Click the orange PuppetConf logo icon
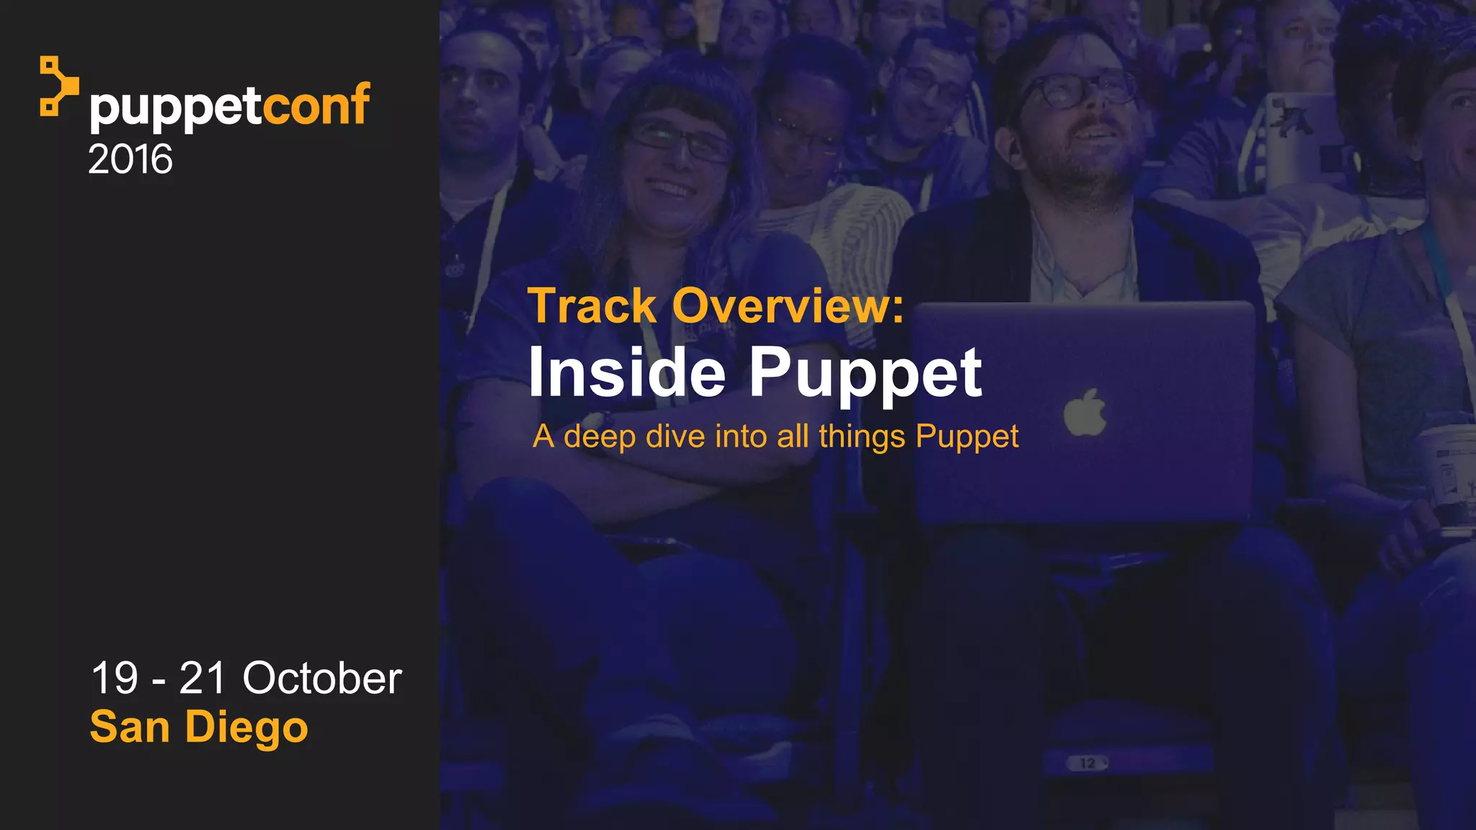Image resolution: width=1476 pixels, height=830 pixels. click(x=58, y=86)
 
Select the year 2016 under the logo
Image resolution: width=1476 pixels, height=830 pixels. click(x=130, y=159)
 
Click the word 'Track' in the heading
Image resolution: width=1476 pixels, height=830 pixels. click(x=592, y=306)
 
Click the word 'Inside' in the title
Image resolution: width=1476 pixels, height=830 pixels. click(x=626, y=372)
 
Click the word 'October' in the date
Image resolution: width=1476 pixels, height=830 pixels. click(x=321, y=679)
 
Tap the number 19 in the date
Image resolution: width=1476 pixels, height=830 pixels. click(x=115, y=679)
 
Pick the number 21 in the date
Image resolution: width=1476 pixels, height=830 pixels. click(x=203, y=679)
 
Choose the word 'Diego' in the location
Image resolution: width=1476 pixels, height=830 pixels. click(x=246, y=728)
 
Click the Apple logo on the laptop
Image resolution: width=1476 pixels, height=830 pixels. click(x=1085, y=413)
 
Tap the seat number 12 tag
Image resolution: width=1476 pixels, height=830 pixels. click(x=1087, y=763)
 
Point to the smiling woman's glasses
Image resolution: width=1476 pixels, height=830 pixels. click(x=677, y=140)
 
